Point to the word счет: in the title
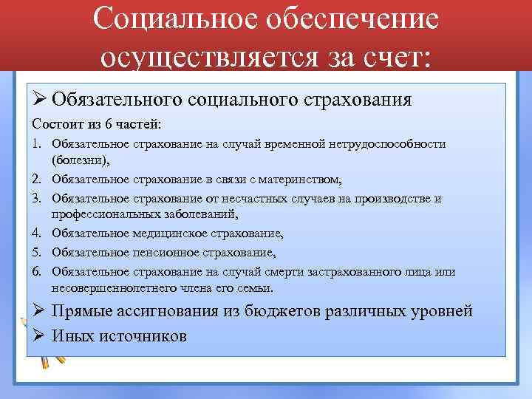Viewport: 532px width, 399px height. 396,55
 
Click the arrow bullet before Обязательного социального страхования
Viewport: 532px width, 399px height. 41,99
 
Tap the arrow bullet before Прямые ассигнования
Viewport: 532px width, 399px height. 41,310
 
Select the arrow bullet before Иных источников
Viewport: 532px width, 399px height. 41,335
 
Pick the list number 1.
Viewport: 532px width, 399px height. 37,143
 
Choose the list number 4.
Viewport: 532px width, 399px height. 37,233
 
